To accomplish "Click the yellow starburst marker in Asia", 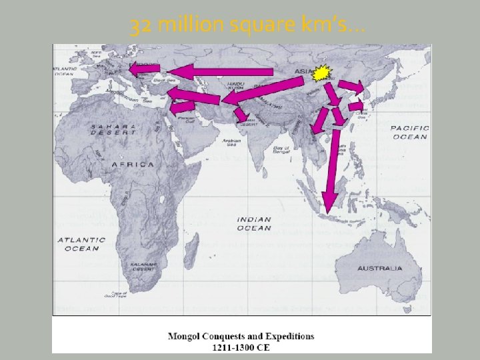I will [x=323, y=73].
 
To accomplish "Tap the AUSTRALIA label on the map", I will [x=380, y=268].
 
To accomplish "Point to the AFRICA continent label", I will [x=133, y=164].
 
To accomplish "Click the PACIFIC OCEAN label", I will [x=409, y=132].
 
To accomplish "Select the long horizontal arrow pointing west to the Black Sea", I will [x=220, y=71].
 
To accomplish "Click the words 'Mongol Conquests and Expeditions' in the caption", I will [x=241, y=336].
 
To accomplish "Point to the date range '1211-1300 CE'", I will [x=241, y=347].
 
